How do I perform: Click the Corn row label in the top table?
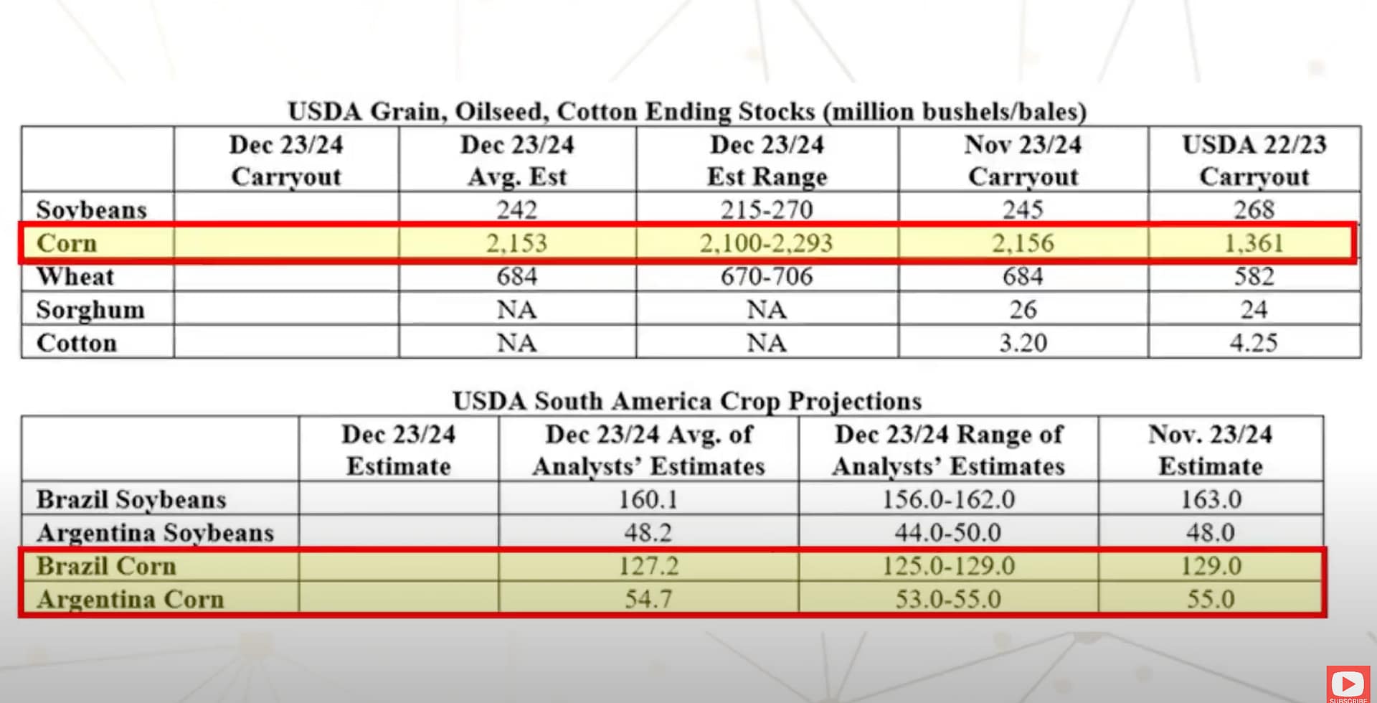click(67, 243)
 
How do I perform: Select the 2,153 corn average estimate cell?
click(516, 243)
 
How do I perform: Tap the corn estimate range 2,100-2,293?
click(766, 243)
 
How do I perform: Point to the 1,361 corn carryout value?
click(1254, 243)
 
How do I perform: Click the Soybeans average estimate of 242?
click(516, 209)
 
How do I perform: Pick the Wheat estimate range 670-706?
click(766, 276)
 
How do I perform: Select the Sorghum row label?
click(90, 310)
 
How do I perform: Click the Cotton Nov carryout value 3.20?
click(1023, 343)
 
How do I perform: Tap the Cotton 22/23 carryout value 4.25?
click(1254, 343)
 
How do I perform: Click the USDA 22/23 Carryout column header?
click(1254, 161)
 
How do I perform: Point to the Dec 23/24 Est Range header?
click(767, 161)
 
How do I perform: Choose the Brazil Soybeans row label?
click(131, 499)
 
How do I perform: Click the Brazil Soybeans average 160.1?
click(648, 499)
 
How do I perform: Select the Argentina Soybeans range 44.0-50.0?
click(948, 532)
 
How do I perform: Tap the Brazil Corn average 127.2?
click(648, 566)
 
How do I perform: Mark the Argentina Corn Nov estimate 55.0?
click(1211, 599)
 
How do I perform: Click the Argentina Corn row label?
click(131, 599)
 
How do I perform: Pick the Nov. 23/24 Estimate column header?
click(1211, 450)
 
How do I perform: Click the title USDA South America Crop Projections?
click(687, 400)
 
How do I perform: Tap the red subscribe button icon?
click(1348, 684)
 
